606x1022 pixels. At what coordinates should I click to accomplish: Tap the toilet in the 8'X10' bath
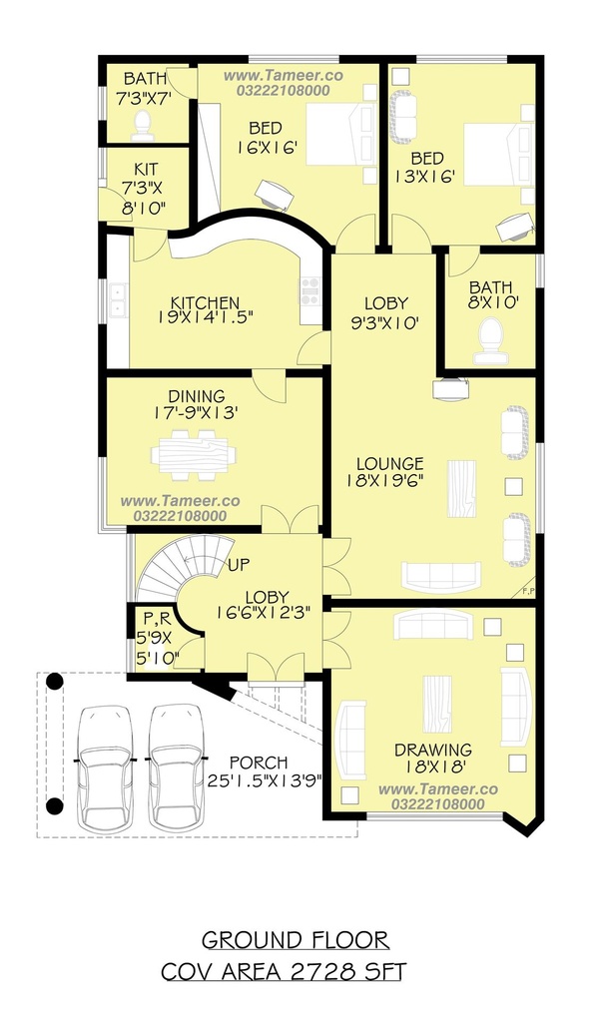(x=490, y=340)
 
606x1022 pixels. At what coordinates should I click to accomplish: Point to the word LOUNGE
(x=390, y=464)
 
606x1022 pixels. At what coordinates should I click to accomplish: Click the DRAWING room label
(x=432, y=751)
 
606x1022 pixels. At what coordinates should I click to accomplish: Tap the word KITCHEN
(x=205, y=303)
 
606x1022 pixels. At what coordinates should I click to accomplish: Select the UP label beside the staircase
(x=239, y=564)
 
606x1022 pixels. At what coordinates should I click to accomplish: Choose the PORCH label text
(x=259, y=763)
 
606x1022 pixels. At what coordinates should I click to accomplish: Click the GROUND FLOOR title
(x=295, y=940)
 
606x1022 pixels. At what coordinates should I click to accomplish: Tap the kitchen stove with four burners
(x=310, y=290)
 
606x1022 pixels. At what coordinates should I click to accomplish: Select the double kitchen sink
(x=118, y=299)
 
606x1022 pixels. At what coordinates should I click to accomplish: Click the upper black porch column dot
(x=55, y=682)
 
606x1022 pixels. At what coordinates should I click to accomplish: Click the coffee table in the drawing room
(x=437, y=704)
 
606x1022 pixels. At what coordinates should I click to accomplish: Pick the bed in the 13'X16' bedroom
(x=498, y=155)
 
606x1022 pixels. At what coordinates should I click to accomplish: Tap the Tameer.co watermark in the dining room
(x=180, y=501)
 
